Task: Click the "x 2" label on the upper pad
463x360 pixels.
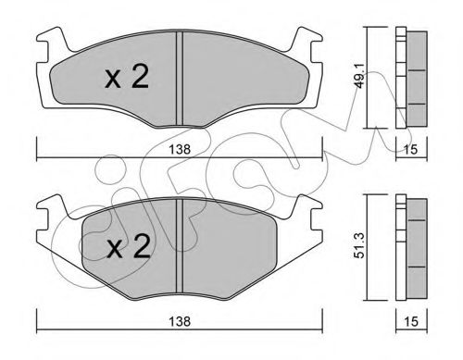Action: pyautogui.click(x=127, y=79)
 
